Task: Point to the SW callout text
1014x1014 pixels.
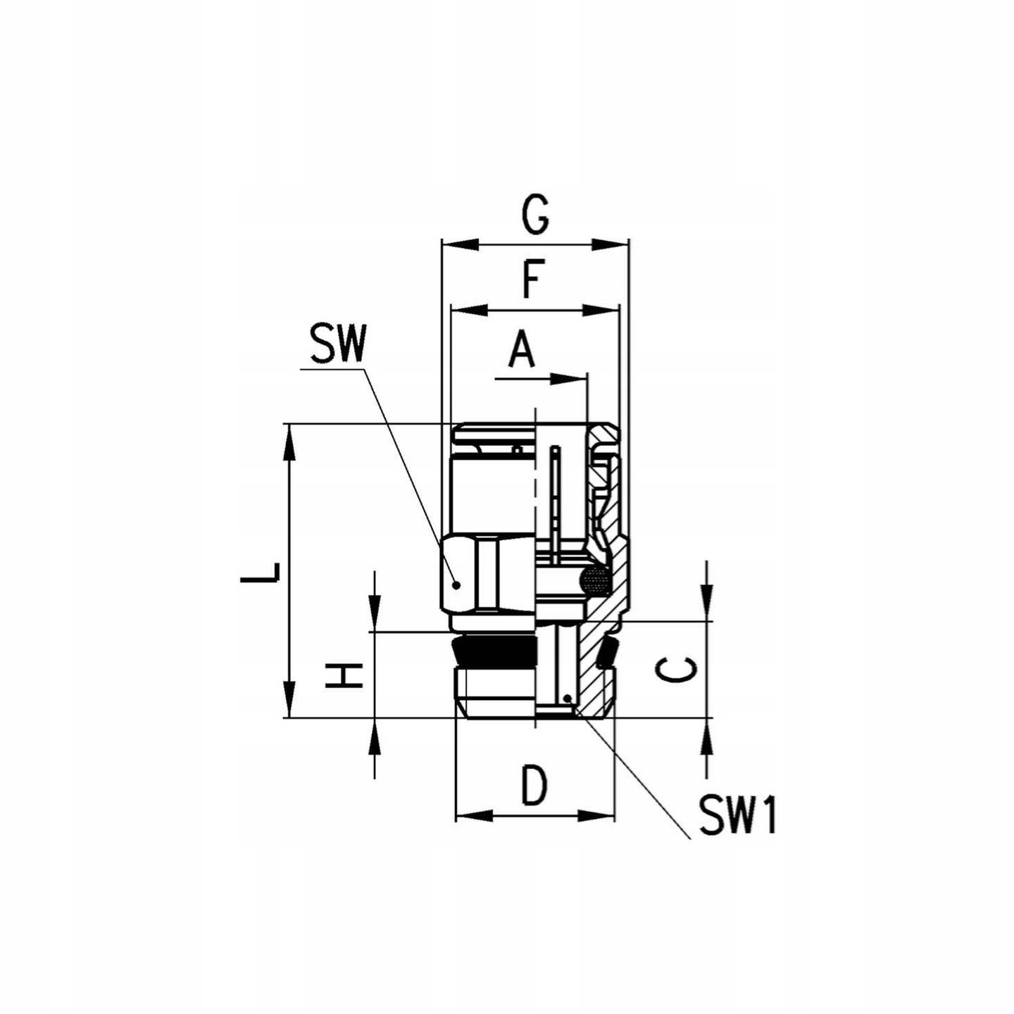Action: (339, 345)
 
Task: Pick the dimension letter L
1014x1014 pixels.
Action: (260, 572)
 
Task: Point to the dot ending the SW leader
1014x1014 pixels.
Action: (456, 584)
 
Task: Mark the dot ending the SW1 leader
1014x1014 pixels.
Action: (568, 698)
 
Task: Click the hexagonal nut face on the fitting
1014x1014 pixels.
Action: (486, 572)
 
